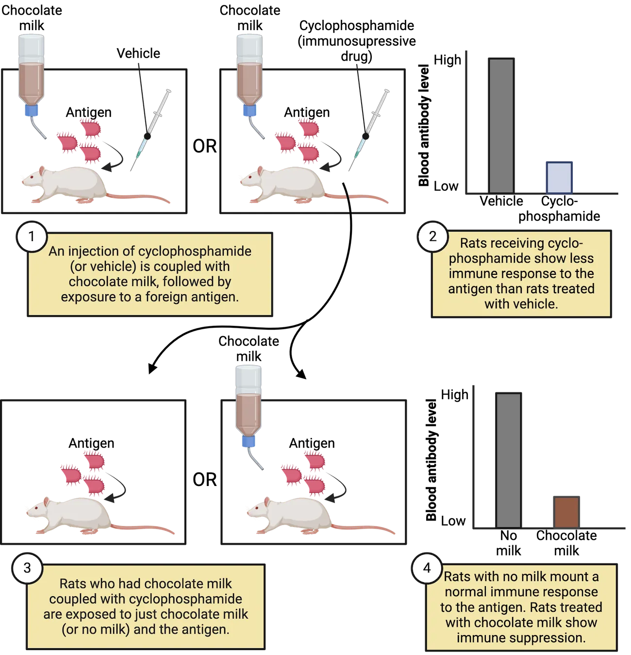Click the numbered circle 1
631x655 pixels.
point(32,236)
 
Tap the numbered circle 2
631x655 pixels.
point(432,236)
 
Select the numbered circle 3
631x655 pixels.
point(27,568)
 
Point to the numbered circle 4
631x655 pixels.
point(427,568)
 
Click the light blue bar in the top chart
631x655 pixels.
point(559,177)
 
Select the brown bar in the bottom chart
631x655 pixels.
point(566,511)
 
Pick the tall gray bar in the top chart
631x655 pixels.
point(501,126)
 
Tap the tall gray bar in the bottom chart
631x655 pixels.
point(509,460)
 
